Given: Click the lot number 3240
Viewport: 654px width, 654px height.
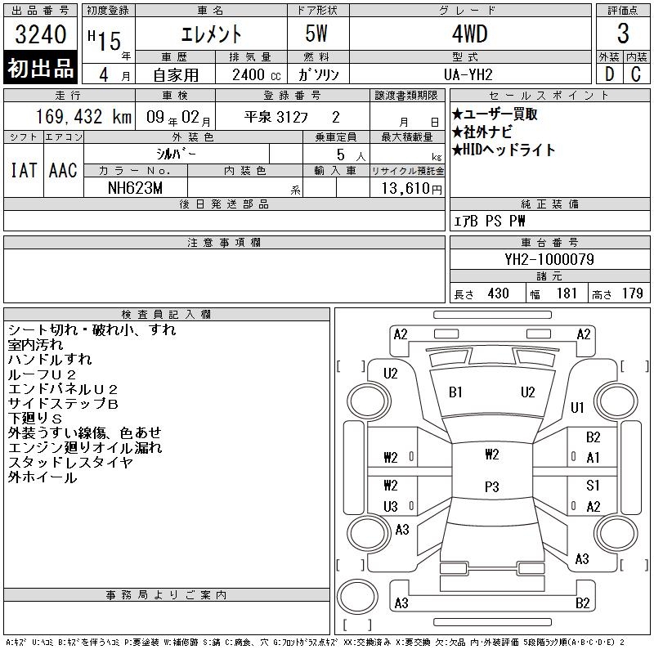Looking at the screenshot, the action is coord(40,34).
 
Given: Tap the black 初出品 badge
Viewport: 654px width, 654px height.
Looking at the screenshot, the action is coord(40,68).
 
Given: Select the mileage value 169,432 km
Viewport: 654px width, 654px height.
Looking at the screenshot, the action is coord(84,117).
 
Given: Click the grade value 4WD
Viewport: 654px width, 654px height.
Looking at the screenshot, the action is coord(469,34).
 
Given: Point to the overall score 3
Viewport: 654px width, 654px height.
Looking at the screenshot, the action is coord(623,34).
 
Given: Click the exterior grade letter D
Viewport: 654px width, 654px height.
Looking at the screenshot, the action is coord(609,74).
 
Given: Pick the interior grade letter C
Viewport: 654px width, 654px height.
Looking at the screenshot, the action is coord(636,74).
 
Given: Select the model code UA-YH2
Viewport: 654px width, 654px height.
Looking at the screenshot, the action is coord(468,74).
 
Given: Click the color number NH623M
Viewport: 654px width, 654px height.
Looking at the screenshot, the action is coord(135,188).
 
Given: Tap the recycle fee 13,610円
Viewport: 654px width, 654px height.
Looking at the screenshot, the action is coord(411,189).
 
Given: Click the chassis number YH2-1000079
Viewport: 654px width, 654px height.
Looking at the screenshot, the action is coord(549,259).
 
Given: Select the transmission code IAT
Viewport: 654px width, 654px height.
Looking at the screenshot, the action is coord(24,170).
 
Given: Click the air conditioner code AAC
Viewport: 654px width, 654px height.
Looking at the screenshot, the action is coord(63,170).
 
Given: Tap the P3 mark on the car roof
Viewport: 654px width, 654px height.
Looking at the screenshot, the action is coord(492,486).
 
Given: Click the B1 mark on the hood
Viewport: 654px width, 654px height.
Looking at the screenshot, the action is coord(455,392).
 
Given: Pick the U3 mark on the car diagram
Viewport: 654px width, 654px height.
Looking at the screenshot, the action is coord(391,506).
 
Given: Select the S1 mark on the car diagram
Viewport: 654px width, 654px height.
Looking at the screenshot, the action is coord(593,485).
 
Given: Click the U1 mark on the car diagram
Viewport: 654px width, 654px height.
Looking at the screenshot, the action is coord(577,407).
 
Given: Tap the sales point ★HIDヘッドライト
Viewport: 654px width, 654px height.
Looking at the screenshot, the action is coord(504,150).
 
